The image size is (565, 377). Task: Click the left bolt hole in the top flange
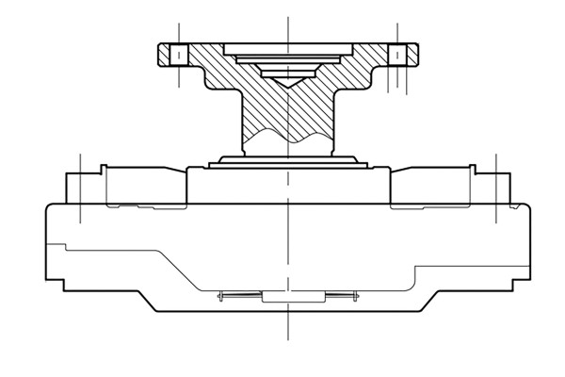coord(176,54)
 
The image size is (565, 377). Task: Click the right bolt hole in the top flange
coord(398,54)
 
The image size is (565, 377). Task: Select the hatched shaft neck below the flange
coord(287,113)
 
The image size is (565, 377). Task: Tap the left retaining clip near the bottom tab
coord(235,298)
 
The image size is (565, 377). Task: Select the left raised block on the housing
coord(122,187)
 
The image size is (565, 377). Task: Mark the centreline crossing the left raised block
coord(81,188)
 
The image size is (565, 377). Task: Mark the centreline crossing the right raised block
coord(495,188)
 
